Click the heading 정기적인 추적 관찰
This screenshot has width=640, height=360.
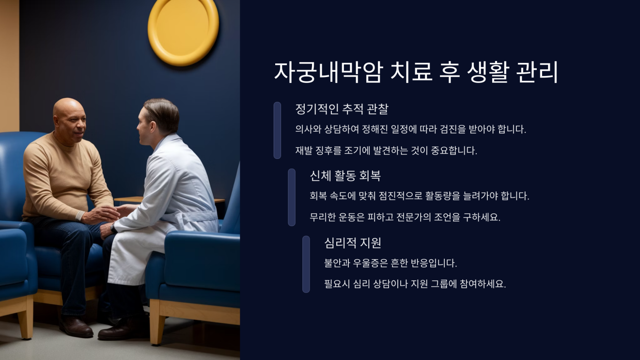tap(342, 109)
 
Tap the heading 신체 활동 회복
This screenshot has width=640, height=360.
tap(345, 175)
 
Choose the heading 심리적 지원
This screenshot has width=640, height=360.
tap(353, 242)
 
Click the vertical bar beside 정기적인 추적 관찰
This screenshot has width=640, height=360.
tap(277, 130)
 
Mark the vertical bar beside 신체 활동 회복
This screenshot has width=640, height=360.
tap(292, 197)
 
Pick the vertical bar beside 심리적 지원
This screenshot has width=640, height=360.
tap(306, 264)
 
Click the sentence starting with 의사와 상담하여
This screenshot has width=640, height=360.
tap(410, 129)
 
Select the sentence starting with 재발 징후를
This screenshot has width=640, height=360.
tap(386, 150)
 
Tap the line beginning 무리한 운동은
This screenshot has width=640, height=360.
tap(405, 217)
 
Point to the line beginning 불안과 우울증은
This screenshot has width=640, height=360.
tap(390, 263)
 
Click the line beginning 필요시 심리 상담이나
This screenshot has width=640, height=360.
tap(415, 284)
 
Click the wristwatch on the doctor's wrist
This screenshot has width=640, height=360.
tap(113, 228)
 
